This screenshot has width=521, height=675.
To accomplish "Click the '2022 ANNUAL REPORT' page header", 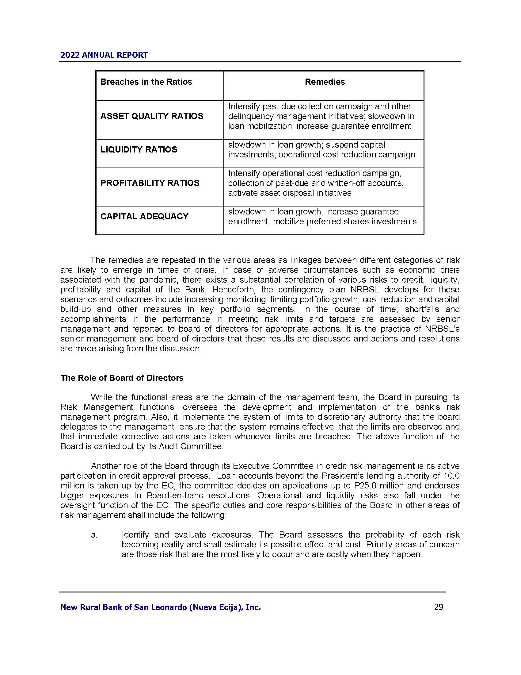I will click(104, 55).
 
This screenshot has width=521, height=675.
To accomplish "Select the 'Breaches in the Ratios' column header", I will click(146, 82).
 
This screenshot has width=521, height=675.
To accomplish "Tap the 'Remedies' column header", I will click(325, 82).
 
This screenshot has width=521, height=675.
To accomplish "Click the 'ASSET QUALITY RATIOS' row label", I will click(152, 116).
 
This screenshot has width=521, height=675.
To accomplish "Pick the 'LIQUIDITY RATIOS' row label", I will click(139, 150).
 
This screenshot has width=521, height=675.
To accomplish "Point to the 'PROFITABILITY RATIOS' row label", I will click(150, 183).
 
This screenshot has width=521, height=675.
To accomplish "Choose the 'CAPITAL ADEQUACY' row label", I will click(144, 216).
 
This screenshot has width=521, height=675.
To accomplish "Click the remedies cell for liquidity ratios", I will click(321, 150).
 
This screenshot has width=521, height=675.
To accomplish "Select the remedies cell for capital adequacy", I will click(322, 217).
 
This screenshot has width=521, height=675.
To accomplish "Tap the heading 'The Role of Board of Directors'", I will click(122, 378).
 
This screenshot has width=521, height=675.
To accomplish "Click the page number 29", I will click(439, 607).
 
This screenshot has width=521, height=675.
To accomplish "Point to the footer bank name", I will click(161, 607).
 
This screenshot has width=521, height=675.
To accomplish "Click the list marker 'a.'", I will click(94, 535).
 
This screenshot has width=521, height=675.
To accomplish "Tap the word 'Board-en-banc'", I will click(175, 496).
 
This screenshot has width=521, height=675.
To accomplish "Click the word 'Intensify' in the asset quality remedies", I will click(244, 107).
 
